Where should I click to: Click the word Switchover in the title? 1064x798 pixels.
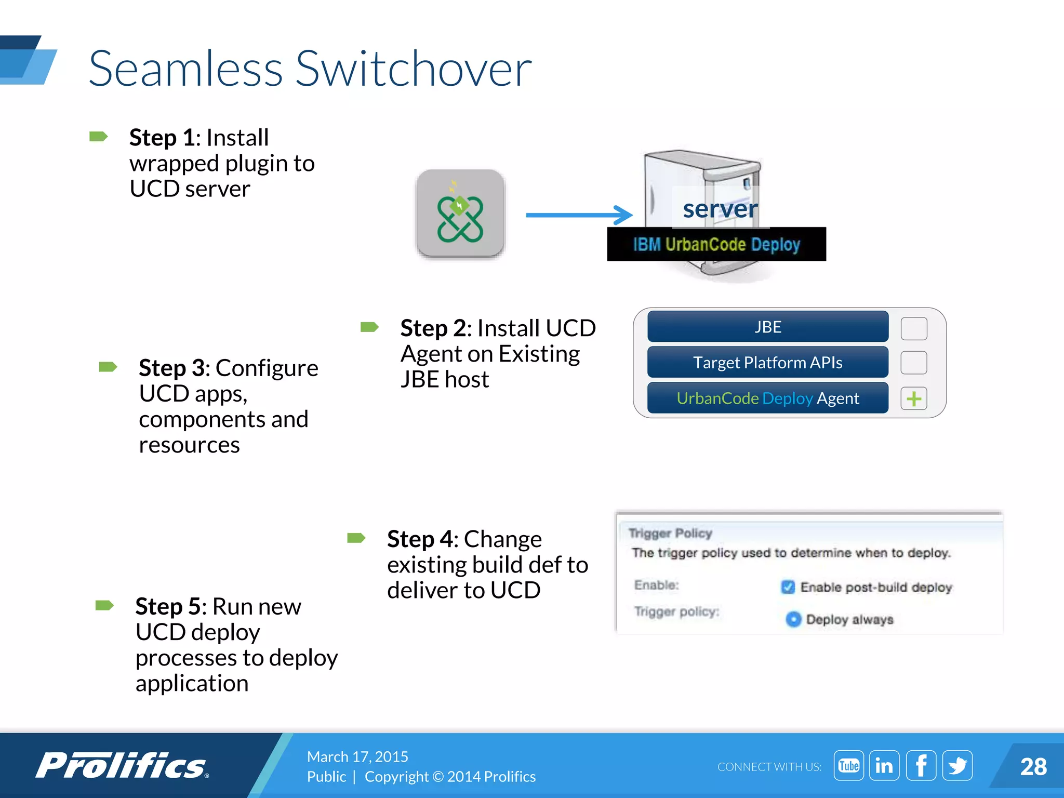[414, 69]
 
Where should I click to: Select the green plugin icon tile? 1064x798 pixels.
[460, 214]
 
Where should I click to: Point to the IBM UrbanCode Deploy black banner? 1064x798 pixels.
[716, 244]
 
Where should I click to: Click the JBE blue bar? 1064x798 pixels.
[767, 327]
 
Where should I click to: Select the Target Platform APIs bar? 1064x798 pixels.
[767, 362]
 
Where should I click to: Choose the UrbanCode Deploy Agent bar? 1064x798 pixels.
[767, 398]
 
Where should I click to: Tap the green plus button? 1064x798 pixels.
[914, 399]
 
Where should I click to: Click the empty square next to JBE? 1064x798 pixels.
[914, 328]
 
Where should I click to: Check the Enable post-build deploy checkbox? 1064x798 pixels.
[788, 587]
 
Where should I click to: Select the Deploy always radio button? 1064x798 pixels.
[793, 619]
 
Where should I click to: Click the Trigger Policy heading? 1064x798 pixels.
[670, 533]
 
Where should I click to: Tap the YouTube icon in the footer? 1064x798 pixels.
[848, 766]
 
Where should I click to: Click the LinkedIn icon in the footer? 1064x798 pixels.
[884, 766]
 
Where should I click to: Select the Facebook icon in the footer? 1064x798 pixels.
[921, 766]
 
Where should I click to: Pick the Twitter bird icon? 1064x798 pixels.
[957, 766]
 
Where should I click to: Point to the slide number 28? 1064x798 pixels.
[1033, 767]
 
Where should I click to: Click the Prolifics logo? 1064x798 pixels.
[122, 766]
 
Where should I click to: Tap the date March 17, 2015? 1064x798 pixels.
[357, 756]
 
